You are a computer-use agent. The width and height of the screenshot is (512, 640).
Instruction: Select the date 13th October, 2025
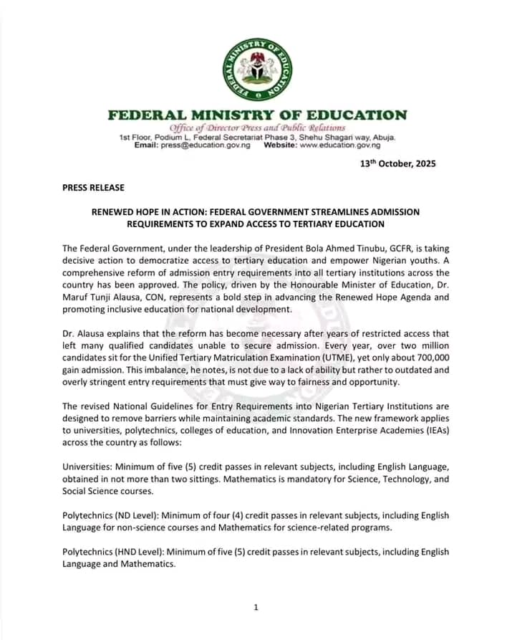coord(397,163)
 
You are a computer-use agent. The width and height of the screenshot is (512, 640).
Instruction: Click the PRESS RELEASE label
coord(93,188)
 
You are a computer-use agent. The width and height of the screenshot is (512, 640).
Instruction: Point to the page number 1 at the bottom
coord(256,608)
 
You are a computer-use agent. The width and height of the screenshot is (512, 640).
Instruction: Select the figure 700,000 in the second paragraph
coord(423,358)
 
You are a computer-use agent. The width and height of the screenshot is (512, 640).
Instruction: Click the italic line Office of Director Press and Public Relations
coord(256,128)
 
